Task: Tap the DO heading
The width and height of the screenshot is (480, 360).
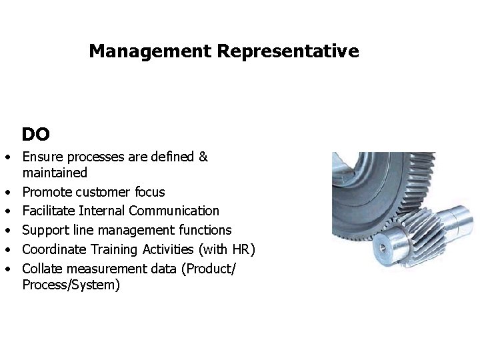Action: [x=35, y=135]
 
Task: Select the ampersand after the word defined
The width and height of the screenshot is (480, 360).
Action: [x=203, y=157]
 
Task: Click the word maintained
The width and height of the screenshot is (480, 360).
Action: [x=55, y=173]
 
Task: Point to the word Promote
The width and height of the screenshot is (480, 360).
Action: [x=47, y=193]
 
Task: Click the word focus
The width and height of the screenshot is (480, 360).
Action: [x=149, y=193]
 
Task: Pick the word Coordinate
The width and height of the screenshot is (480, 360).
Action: [x=54, y=249]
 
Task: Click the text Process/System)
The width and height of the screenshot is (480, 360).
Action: [x=71, y=285]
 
